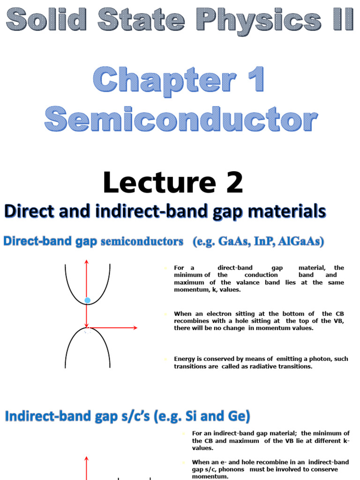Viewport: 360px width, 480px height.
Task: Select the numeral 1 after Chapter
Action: click(254, 80)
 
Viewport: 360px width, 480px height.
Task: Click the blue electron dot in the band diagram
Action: click(87, 300)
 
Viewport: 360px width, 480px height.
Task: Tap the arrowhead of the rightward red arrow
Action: click(135, 328)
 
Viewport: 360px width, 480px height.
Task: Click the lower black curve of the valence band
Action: click(70, 347)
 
